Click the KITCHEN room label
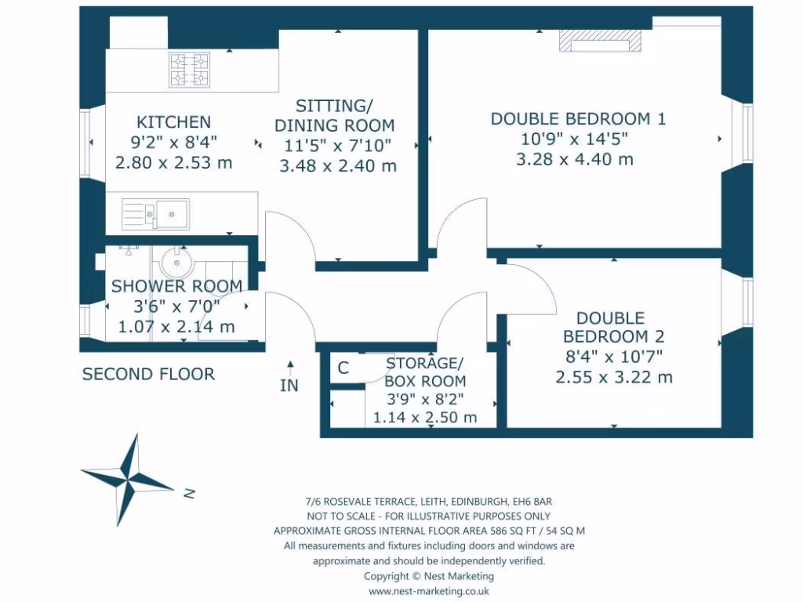click(x=173, y=122)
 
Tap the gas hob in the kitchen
click(x=189, y=70)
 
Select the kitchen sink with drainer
click(x=156, y=212)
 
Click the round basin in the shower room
click(x=177, y=263)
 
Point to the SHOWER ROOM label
click(x=176, y=286)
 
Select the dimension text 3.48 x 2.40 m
click(x=338, y=166)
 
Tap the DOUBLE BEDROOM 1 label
click(x=578, y=119)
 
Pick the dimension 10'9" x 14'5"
click(x=575, y=140)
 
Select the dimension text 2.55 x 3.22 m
click(x=614, y=377)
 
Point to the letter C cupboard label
click(x=343, y=368)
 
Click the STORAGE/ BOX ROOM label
click(x=425, y=372)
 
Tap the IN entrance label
click(x=289, y=386)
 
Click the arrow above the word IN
click(x=290, y=364)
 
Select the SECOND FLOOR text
click(x=148, y=374)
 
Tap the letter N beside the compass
click(x=188, y=494)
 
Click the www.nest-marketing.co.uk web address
click(x=428, y=592)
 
